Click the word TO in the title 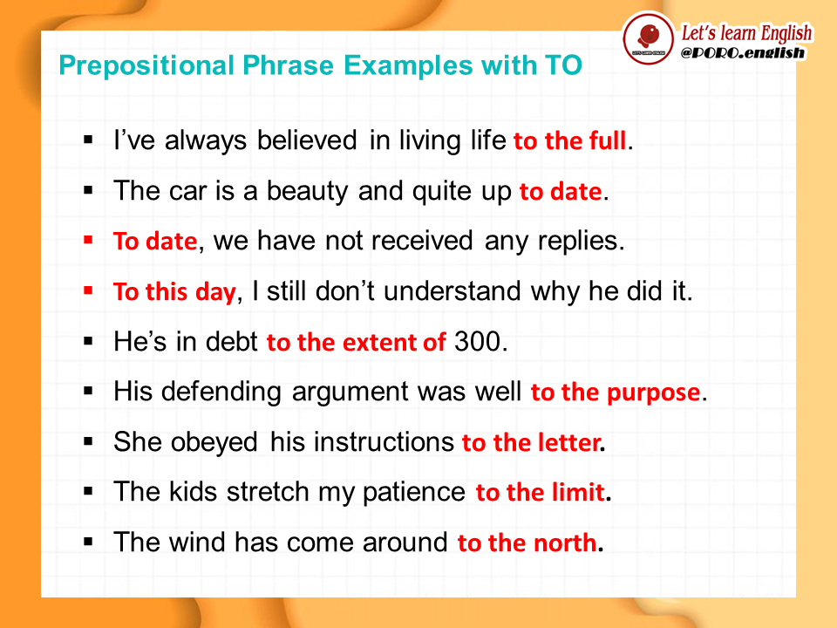pyautogui.click(x=563, y=65)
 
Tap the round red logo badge pyautogui.click(x=649, y=38)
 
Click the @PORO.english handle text pyautogui.click(x=743, y=53)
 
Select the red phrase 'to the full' pyautogui.click(x=569, y=141)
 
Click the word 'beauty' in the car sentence pyautogui.click(x=308, y=191)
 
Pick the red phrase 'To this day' pyautogui.click(x=174, y=292)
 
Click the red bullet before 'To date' pyautogui.click(x=88, y=241)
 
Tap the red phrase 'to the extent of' pyautogui.click(x=356, y=342)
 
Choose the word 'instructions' pyautogui.click(x=362, y=442)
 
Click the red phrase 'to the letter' pyautogui.click(x=531, y=443)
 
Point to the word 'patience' pyautogui.click(x=413, y=492)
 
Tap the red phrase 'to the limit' pyautogui.click(x=540, y=492)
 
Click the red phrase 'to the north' pyautogui.click(x=527, y=543)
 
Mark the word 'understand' pyautogui.click(x=453, y=291)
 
